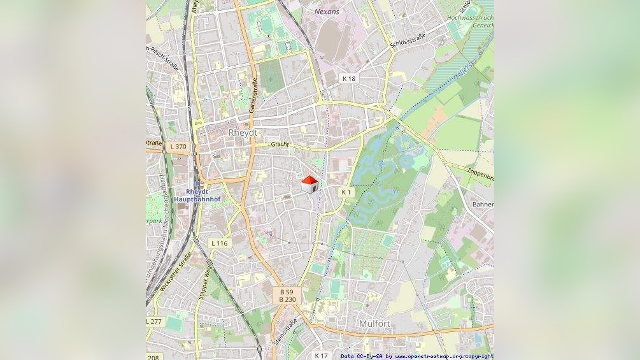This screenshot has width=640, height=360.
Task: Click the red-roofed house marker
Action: click(x=309, y=184)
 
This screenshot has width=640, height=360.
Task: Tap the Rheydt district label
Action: click(x=243, y=133)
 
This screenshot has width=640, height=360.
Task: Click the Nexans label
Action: click(x=327, y=11)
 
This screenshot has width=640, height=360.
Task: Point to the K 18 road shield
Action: click(x=349, y=78)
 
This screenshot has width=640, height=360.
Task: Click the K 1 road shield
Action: click(x=346, y=192)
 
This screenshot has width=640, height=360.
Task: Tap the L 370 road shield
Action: click(x=179, y=147)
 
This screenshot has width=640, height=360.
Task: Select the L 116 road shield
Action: click(x=219, y=243)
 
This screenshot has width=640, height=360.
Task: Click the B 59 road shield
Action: click(x=287, y=291)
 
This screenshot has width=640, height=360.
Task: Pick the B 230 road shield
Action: click(x=287, y=299)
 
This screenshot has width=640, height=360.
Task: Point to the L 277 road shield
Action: click(x=155, y=321)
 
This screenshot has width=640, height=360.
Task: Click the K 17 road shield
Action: click(x=321, y=355)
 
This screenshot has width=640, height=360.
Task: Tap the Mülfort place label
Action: click(x=374, y=323)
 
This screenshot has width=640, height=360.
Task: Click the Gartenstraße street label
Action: click(x=253, y=96)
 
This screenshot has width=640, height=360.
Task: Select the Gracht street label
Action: click(x=280, y=144)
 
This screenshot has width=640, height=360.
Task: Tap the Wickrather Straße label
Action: click(x=176, y=272)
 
